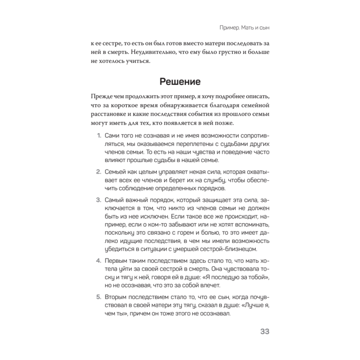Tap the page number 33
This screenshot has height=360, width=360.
[267, 332]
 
